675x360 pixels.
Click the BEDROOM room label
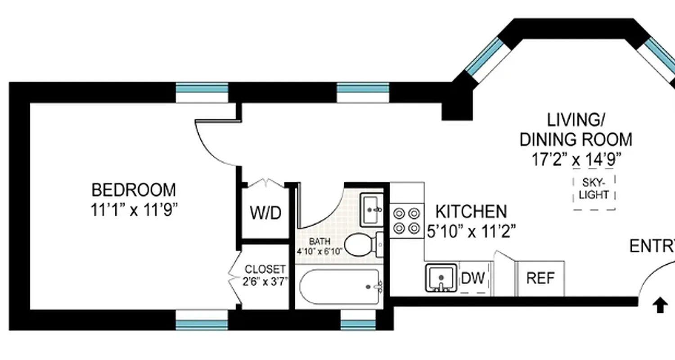click(x=134, y=190)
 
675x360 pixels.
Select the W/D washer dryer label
click(x=265, y=213)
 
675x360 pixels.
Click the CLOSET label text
click(x=265, y=270)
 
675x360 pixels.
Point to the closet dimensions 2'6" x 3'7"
click(x=265, y=282)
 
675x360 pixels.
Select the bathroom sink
click(x=371, y=210)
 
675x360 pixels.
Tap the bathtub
click(x=340, y=287)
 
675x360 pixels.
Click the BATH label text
click(x=319, y=242)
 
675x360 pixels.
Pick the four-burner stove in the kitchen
click(x=407, y=220)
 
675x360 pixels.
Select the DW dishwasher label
click(x=473, y=278)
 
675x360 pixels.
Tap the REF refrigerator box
click(x=540, y=278)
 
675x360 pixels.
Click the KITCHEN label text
click(x=471, y=211)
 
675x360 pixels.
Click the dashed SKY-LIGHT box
click(x=594, y=189)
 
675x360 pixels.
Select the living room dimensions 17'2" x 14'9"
click(x=576, y=159)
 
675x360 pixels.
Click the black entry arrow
click(x=660, y=306)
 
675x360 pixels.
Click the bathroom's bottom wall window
click(x=358, y=324)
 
